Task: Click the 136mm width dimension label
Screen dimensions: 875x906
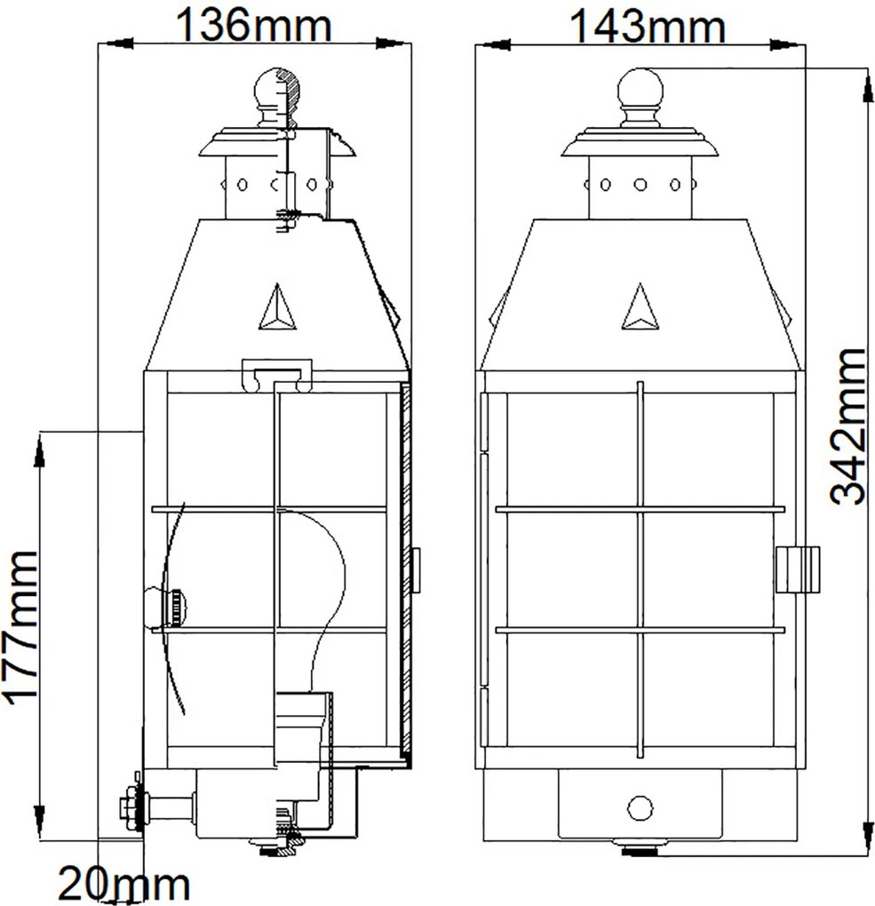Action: tap(253, 24)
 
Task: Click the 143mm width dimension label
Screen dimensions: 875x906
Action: tap(648, 26)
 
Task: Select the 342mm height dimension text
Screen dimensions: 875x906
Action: tap(848, 426)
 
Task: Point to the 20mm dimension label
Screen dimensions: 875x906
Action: tap(123, 884)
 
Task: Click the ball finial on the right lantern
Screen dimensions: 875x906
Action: tap(640, 88)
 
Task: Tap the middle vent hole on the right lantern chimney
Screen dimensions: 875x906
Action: tap(640, 185)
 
